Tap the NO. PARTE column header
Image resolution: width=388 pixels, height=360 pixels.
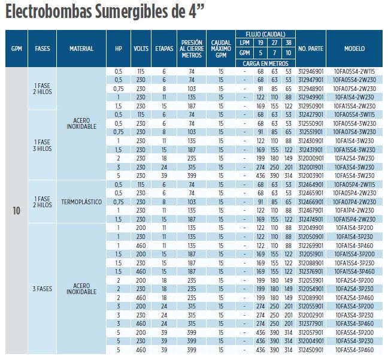pyautogui.click(x=311, y=49)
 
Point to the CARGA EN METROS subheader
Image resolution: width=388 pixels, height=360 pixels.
pyautogui.click(x=263, y=62)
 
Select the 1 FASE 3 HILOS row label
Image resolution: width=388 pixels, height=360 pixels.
pyautogui.click(x=43, y=144)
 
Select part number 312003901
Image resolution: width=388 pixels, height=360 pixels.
pyautogui.click(x=311, y=176)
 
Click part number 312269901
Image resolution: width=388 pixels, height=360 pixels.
pyautogui.click(x=311, y=246)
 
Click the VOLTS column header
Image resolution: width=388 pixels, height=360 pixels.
pyautogui.click(x=141, y=49)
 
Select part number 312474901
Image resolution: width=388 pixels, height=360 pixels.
pyautogui.click(x=311, y=219)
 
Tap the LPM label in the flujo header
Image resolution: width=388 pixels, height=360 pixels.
pyautogui.click(x=244, y=43)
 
